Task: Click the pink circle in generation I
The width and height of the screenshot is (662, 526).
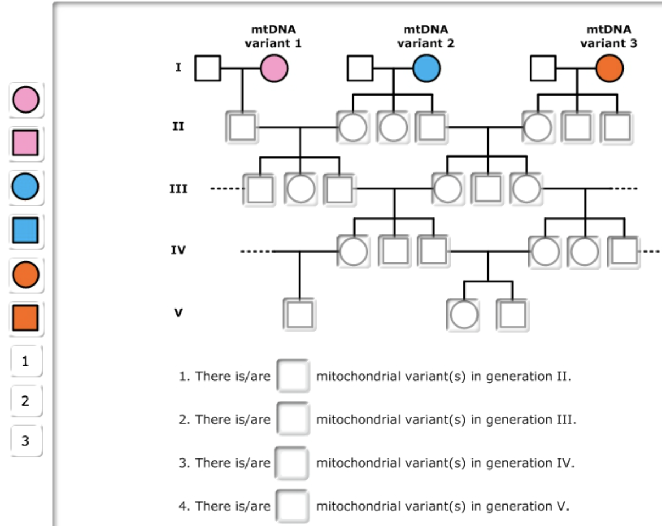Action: click(274, 69)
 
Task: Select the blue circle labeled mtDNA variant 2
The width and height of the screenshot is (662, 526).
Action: click(426, 69)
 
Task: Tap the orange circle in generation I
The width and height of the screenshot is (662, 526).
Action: click(609, 69)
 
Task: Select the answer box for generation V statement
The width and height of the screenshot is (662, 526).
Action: click(293, 505)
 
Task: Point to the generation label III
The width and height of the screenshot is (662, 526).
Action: click(177, 189)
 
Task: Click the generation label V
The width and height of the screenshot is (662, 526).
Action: click(177, 314)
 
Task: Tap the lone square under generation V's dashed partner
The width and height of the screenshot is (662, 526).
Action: click(299, 314)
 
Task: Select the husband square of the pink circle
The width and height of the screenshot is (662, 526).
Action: click(208, 69)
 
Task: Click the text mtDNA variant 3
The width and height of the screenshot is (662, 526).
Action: click(609, 36)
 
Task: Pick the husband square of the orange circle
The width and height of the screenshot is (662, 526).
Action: click(543, 69)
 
